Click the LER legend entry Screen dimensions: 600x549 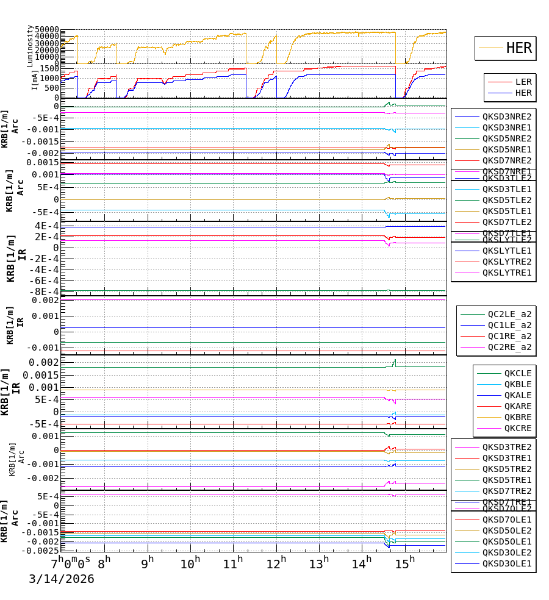[x=523, y=82]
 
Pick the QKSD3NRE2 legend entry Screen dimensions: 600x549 [x=507, y=116]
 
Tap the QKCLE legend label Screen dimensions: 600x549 [x=517, y=373]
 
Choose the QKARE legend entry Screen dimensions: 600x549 [x=517, y=406]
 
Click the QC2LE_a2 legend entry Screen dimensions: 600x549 [x=509, y=314]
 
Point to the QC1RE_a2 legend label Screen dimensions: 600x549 [x=509, y=336]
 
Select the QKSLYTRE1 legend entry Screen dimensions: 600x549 [x=507, y=273]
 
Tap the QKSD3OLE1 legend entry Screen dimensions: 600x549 [x=507, y=563]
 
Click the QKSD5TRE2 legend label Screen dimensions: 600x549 [x=507, y=469]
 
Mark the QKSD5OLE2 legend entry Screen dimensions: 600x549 [x=507, y=530]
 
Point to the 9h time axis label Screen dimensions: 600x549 [x=147, y=562]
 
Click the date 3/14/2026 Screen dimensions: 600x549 [x=62, y=579]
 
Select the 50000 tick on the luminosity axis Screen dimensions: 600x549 [x=46, y=30]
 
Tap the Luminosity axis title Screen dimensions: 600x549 [x=30, y=46]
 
